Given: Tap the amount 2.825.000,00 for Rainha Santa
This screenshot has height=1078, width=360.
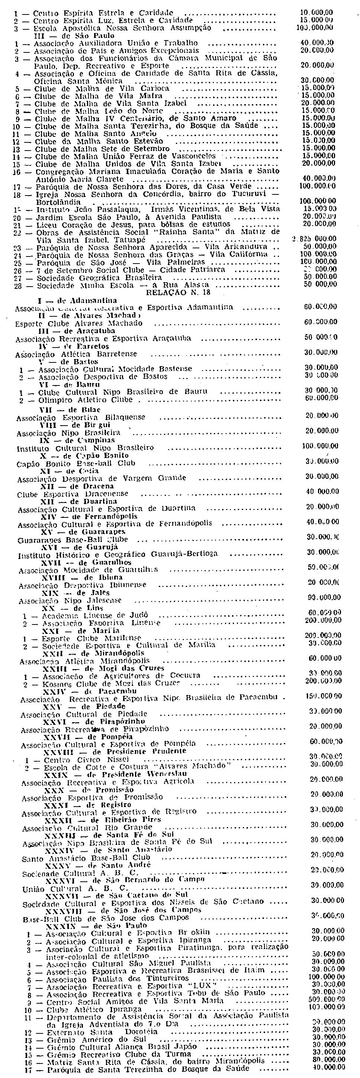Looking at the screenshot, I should point(314,239).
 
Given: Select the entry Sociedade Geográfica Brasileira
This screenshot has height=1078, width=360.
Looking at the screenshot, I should point(99,277).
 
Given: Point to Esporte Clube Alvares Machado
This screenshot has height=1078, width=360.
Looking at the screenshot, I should point(79,323).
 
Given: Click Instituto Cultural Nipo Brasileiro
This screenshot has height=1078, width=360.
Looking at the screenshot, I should point(85,448).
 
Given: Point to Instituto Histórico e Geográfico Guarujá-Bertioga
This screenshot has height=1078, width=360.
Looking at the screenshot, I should point(118,554).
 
